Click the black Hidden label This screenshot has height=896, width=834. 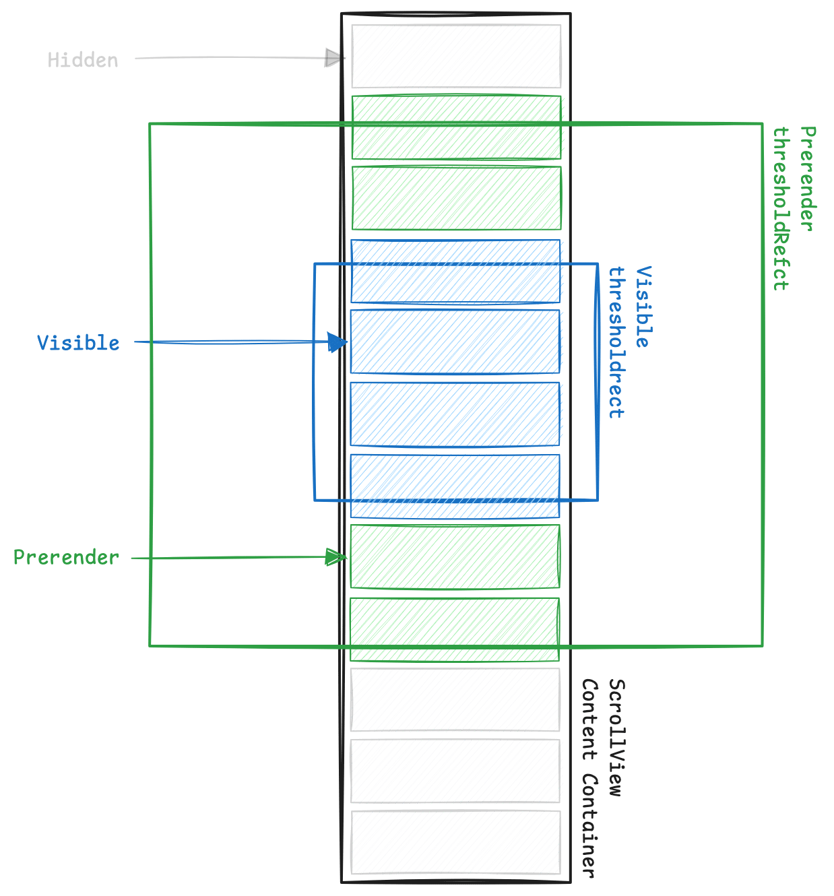pos(83,60)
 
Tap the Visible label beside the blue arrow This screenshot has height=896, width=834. pos(78,343)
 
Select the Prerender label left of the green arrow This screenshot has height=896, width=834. pos(66,558)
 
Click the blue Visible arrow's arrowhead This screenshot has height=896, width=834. pos(338,342)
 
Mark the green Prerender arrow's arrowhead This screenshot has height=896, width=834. pos(335,557)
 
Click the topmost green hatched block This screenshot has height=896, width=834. pos(456,128)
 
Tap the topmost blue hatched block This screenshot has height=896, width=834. pos(456,272)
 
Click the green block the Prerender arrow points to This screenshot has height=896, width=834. pos(456,557)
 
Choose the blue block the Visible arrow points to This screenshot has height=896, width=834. pos(456,342)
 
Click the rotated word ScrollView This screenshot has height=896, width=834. pos(616,737)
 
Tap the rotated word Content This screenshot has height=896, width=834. pos(590,719)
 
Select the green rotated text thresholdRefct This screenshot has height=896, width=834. pos(781,209)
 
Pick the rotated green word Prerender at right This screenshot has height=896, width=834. pos(807,179)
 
